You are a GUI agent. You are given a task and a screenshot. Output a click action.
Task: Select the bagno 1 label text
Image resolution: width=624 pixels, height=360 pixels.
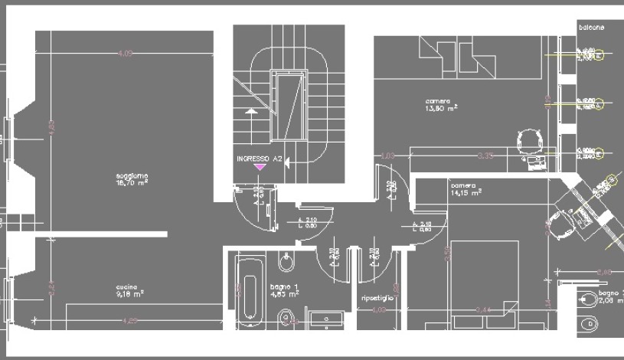pos(283,289)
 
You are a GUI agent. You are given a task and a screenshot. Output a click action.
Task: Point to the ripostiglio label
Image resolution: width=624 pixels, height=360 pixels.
pos(377,296)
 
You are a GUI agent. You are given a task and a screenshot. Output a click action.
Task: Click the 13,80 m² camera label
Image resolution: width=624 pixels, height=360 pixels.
pos(441,104)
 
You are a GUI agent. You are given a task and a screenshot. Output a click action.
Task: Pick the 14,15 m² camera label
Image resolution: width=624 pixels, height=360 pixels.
pos(466,189)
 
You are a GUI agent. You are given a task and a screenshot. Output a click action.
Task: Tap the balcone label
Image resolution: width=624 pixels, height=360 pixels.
pos(591,28)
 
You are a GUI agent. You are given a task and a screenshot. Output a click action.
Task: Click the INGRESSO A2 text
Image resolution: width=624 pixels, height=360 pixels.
pos(260,159)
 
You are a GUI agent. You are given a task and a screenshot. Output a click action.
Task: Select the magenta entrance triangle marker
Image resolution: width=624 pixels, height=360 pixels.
pos(260,166)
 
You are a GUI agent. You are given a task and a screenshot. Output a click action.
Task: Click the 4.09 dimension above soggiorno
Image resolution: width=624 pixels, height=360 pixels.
pos(126,53)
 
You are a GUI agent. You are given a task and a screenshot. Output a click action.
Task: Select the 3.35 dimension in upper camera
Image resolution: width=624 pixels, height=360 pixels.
pos(485,155)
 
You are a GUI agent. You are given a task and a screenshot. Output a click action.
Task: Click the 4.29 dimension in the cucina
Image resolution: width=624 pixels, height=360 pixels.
pos(131,319)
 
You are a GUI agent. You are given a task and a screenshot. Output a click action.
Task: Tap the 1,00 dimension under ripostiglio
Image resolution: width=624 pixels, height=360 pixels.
pos(378,309)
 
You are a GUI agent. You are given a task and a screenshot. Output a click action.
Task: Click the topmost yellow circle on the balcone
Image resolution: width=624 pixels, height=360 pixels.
pos(599,54)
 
